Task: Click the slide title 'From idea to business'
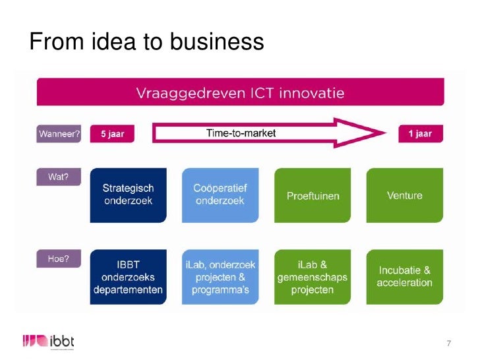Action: click(146, 42)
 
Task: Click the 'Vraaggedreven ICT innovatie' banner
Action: click(240, 93)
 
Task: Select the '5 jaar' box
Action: click(111, 133)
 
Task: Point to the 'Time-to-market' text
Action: click(241, 133)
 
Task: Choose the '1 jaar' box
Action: click(419, 133)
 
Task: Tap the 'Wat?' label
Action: click(58, 177)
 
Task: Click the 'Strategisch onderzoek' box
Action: click(129, 195)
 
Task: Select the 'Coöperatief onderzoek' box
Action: click(220, 195)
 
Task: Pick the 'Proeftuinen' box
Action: click(313, 195)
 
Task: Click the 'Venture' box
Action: click(405, 195)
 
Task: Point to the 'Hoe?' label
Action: click(58, 260)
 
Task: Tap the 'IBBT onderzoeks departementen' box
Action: click(129, 277)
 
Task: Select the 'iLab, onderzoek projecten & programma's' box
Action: click(220, 277)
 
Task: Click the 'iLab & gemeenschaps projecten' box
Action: click(313, 277)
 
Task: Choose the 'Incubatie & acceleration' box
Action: click(405, 277)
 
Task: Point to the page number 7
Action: click(449, 343)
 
